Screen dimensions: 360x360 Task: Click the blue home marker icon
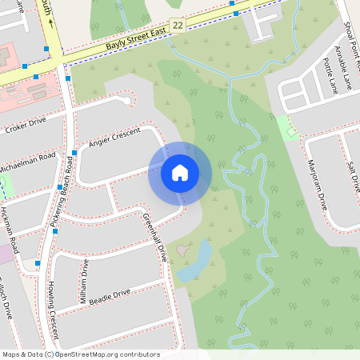coord(180,173)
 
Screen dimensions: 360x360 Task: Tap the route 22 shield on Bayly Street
coord(178,26)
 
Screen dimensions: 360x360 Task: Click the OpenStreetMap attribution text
coord(80,354)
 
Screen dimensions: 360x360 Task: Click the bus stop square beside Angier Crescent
coord(74,152)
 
